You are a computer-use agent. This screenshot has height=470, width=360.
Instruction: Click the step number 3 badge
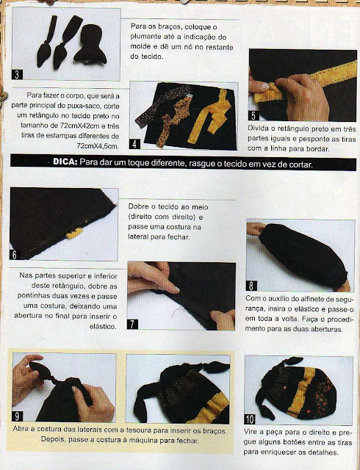click(x=17, y=74)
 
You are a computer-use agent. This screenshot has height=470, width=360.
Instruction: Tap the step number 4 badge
click(x=134, y=144)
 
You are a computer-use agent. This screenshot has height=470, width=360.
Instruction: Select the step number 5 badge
click(x=253, y=115)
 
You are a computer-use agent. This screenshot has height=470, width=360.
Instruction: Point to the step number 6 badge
click(x=15, y=255)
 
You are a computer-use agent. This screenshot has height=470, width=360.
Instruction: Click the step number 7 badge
click(x=132, y=324)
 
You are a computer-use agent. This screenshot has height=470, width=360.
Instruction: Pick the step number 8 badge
click(x=251, y=286)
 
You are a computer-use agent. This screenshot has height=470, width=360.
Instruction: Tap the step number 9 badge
click(x=17, y=416)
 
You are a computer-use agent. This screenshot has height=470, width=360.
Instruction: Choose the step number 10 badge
click(x=250, y=419)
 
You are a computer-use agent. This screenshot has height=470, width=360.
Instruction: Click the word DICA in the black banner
click(x=65, y=162)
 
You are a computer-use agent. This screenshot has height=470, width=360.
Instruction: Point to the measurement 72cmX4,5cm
click(x=98, y=145)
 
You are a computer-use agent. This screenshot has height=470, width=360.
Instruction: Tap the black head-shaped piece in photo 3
click(x=90, y=44)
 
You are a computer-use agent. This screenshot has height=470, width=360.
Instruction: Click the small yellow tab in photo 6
click(x=74, y=233)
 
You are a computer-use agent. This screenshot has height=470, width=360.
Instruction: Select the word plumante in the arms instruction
click(x=145, y=37)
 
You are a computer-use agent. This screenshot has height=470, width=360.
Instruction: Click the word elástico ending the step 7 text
click(x=103, y=326)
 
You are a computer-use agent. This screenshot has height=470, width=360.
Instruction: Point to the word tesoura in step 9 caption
click(x=137, y=430)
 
